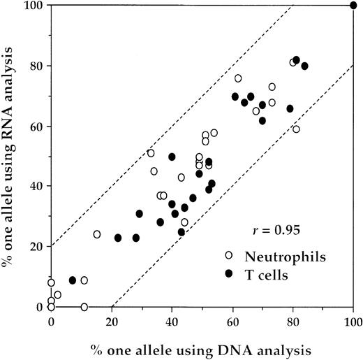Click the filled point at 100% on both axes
[353, 6]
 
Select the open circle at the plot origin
[51, 307]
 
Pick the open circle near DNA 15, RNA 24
[97, 234]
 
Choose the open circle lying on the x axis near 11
[84, 307]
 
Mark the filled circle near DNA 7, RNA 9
[73, 280]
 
